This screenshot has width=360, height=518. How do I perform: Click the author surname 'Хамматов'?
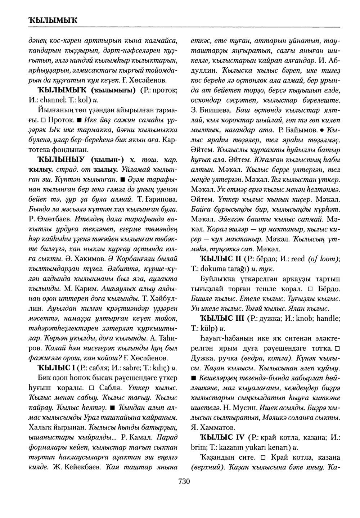click(216, 428)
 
